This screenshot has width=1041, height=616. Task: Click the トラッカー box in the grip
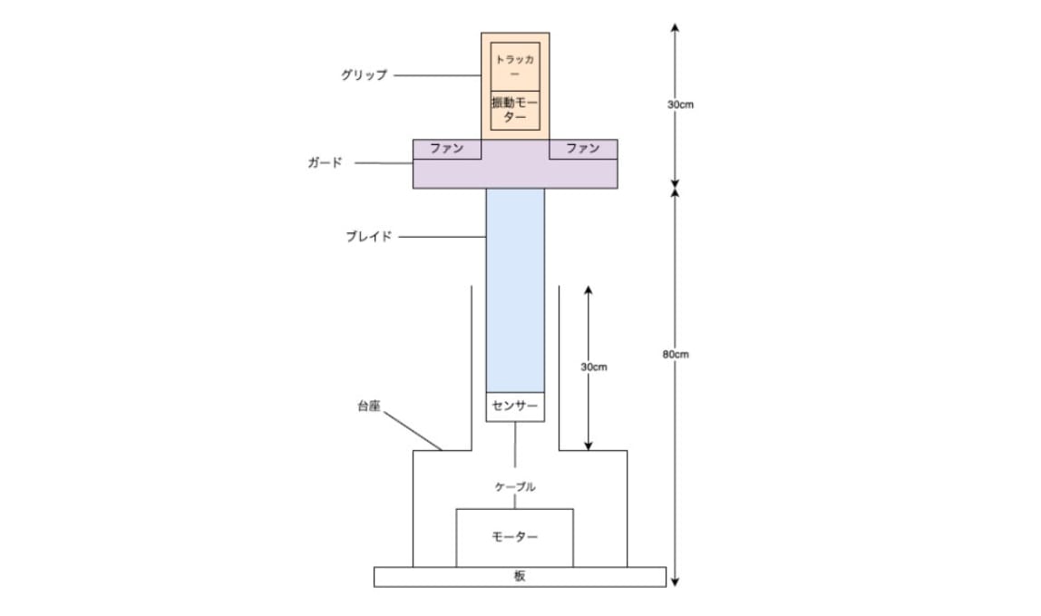tap(515, 66)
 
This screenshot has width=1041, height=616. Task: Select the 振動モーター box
tap(515, 111)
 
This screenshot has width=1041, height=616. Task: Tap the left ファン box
tap(447, 150)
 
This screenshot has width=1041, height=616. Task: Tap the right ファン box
tap(584, 150)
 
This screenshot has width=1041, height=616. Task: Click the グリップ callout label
tap(364, 75)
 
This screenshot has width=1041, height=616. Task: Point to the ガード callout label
tap(325, 162)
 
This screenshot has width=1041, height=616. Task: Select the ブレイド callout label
tap(368, 237)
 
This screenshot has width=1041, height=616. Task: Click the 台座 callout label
tap(369, 406)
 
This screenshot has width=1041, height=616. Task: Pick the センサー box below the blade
tap(515, 406)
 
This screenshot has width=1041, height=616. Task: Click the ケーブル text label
tap(515, 487)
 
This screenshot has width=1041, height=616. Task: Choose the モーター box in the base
tap(514, 538)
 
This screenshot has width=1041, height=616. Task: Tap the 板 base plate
tap(520, 577)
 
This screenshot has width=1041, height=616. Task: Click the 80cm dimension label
tap(676, 355)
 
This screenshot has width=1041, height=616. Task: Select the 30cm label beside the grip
tap(680, 105)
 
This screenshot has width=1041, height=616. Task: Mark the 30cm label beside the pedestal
tap(594, 367)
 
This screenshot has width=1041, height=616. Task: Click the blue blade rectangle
tap(515, 290)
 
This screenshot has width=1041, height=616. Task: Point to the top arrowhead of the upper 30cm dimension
tap(675, 27)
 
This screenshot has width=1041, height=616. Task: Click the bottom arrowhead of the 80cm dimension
tap(675, 582)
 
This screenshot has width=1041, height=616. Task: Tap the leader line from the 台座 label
tap(413, 431)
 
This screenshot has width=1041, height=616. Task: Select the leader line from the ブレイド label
tap(443, 237)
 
